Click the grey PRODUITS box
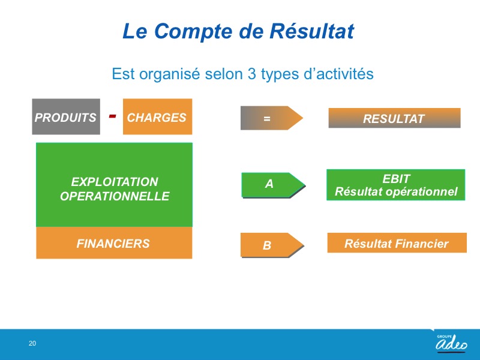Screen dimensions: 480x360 click(x=66, y=116)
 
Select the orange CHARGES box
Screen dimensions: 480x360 click(x=157, y=116)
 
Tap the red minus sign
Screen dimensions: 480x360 click(x=113, y=116)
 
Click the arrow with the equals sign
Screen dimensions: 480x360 click(x=272, y=118)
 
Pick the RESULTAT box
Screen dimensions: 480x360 click(x=394, y=118)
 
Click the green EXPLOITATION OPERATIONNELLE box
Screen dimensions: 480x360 click(x=114, y=185)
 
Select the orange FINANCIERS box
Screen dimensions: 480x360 click(x=114, y=243)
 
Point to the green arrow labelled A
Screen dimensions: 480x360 click(x=274, y=185)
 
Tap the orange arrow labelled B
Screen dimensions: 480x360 click(x=272, y=245)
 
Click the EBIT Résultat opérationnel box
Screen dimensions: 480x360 click(x=396, y=185)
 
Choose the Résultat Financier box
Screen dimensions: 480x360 click(x=397, y=243)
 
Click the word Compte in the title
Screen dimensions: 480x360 click(x=193, y=32)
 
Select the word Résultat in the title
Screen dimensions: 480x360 click(x=311, y=31)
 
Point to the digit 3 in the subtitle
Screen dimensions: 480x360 click(x=251, y=74)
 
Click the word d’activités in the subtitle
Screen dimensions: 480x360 click(x=338, y=74)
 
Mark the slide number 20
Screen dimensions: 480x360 click(x=32, y=343)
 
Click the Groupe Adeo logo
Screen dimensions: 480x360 click(x=452, y=343)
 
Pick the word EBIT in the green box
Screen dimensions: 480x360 click(x=396, y=179)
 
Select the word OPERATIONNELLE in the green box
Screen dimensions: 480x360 click(x=115, y=196)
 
